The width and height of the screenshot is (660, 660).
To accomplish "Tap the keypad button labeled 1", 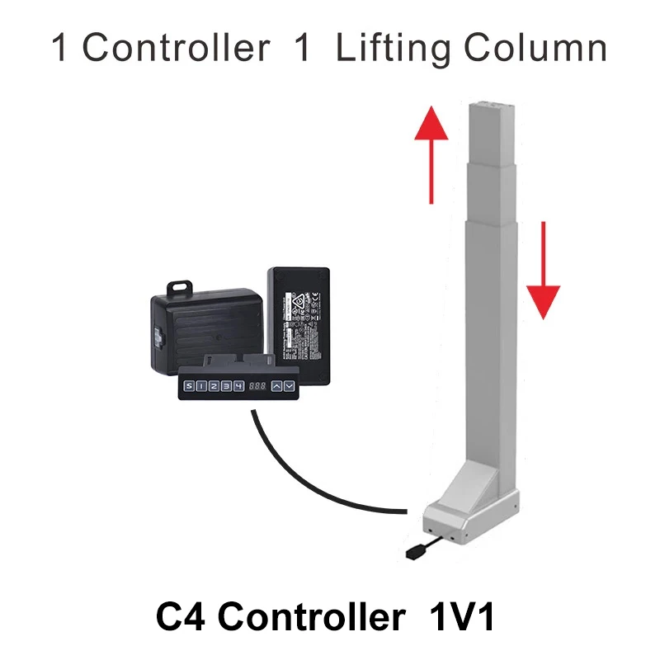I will [202, 385].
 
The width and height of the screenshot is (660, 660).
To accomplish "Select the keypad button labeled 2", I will [214, 385].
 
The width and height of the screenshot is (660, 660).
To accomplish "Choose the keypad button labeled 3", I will [227, 385].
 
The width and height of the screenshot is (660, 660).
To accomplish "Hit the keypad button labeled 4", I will [239, 385].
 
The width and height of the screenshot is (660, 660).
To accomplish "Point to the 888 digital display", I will [257, 385].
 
